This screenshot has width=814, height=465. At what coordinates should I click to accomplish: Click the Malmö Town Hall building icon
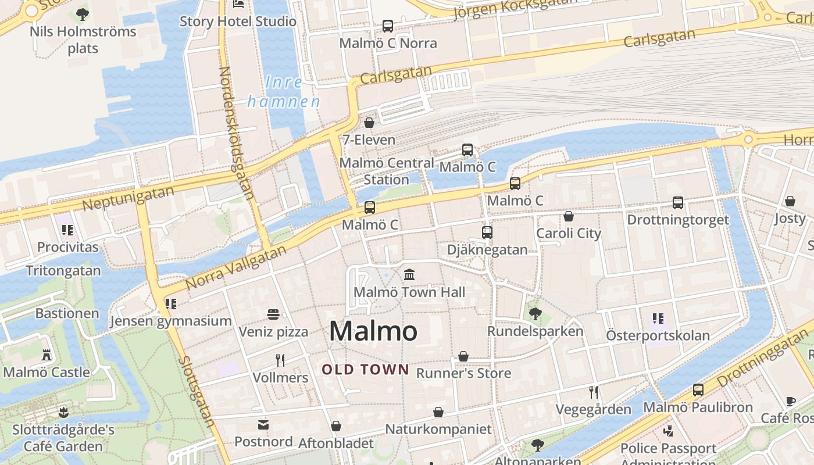point(409,274)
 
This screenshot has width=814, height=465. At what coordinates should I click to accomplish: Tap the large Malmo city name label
point(373,331)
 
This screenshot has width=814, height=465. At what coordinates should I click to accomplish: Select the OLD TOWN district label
point(366,369)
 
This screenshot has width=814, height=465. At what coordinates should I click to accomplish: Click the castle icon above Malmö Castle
point(47,355)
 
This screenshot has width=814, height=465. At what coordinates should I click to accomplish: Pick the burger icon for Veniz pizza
point(273,314)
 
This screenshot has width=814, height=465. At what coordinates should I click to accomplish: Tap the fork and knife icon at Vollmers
point(280,360)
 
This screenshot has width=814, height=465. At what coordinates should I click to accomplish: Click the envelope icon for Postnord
point(263,425)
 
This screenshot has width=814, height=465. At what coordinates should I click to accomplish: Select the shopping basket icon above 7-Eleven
point(369,123)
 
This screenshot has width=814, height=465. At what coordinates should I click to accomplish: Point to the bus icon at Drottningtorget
point(678,203)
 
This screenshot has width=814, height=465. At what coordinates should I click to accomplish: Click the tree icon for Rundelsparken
point(535,314)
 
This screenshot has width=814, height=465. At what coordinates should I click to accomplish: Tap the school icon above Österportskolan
point(658,319)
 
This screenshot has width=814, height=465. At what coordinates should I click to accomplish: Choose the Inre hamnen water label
point(284,92)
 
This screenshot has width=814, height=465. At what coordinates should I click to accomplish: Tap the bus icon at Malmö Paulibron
point(698,390)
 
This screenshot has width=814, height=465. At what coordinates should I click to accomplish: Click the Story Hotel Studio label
point(238,22)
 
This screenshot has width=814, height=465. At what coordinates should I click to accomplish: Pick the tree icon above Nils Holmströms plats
point(83,14)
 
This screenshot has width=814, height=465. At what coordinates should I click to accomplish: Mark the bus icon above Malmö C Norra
point(388,26)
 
